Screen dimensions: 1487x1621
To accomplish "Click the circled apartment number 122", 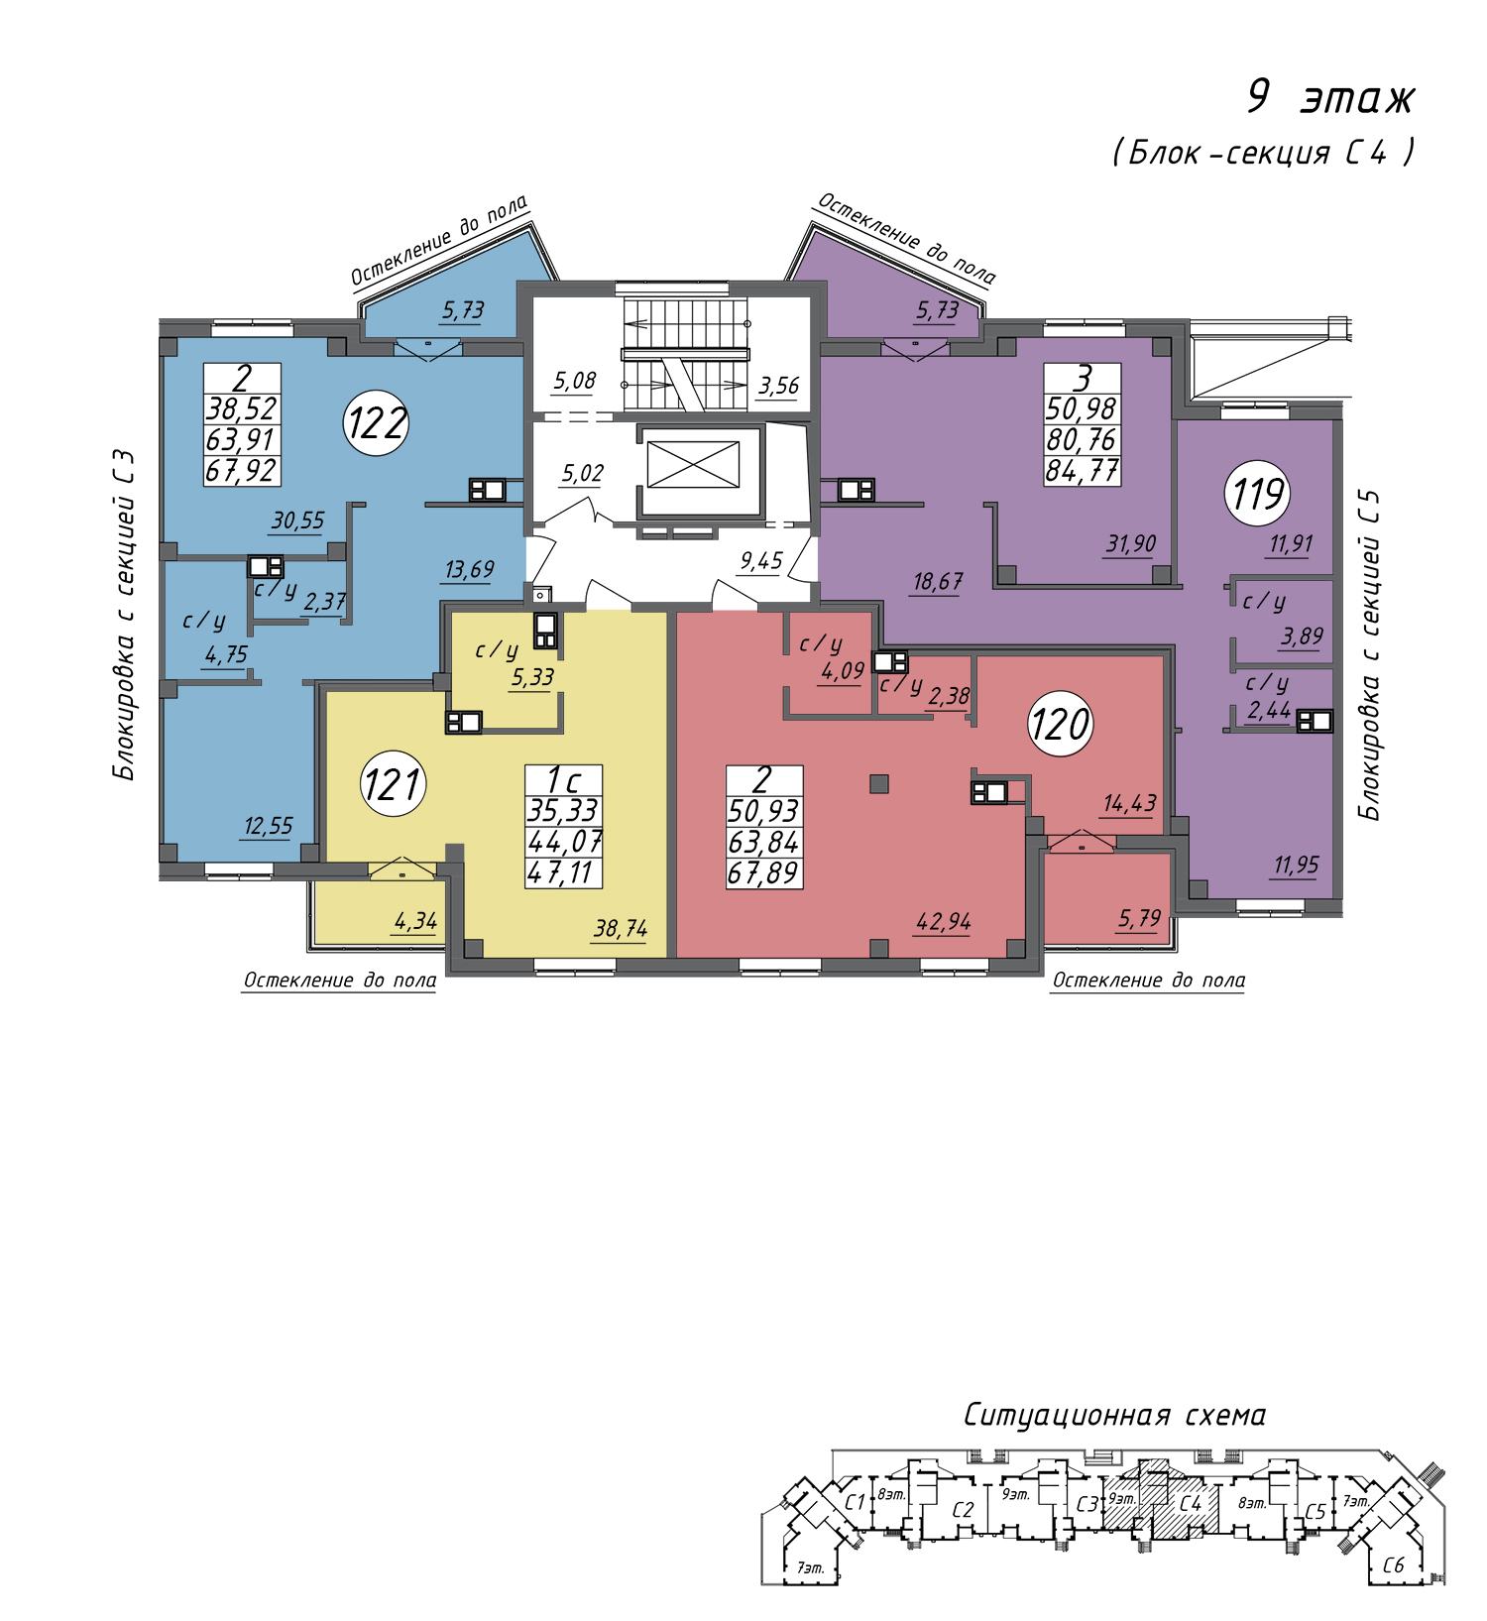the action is tap(377, 423).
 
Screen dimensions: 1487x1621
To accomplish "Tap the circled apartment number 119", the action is tap(1258, 493).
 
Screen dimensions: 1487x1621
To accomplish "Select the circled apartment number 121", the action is tap(394, 784).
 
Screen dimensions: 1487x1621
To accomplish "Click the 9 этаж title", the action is tap(1330, 97).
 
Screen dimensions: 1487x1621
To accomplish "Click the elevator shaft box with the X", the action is tap(693, 464).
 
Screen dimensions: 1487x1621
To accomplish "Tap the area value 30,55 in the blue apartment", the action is tap(297, 521).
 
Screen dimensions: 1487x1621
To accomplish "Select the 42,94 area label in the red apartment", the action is tap(944, 922).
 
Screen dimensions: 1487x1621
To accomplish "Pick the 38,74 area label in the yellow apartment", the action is tap(621, 929).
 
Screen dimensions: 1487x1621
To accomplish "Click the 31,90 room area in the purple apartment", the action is tap(1131, 543).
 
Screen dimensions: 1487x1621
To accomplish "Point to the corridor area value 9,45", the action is tap(761, 561).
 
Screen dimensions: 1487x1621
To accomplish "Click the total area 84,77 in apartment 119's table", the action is tap(1082, 470).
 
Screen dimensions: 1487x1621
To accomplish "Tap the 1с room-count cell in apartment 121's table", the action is tap(563, 780).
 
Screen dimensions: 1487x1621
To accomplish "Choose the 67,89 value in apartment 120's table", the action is tap(763, 872).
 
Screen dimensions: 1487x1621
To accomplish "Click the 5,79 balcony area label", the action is tap(1139, 918).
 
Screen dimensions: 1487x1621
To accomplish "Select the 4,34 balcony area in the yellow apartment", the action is tap(415, 921).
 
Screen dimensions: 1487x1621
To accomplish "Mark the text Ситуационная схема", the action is tap(1115, 1415).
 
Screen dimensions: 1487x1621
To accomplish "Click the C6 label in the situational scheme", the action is tap(1394, 1565).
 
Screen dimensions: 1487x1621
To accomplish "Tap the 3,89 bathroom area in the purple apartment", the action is tap(1302, 637).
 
